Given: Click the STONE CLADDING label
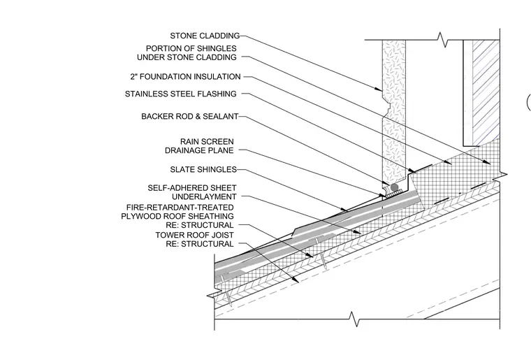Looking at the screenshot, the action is click(205, 36).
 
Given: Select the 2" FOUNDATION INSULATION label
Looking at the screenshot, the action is click(186, 77).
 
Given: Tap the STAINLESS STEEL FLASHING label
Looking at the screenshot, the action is click(181, 94).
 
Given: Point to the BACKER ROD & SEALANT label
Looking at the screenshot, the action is click(190, 117).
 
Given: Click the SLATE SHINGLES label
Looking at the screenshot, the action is click(203, 169).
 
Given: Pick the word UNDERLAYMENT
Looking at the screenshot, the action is click(204, 196).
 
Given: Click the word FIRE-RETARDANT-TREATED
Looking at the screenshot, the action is click(180, 208).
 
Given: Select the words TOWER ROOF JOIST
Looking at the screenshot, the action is click(195, 235).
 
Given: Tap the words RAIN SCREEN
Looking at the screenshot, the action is click(207, 142).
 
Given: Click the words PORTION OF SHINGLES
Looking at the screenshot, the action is click(191, 48).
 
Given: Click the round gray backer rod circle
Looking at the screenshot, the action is click(394, 187).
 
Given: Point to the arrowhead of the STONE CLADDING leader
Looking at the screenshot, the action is click(379, 89).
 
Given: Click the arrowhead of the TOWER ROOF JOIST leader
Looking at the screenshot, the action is click(296, 280).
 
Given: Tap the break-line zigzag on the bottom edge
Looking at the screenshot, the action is click(354, 319).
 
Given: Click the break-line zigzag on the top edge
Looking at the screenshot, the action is click(442, 40).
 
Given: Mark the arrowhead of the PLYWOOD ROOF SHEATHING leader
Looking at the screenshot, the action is click(310, 255).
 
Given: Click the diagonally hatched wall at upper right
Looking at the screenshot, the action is click(486, 92).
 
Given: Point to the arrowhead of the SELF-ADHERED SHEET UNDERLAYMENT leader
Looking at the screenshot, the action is click(358, 232).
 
